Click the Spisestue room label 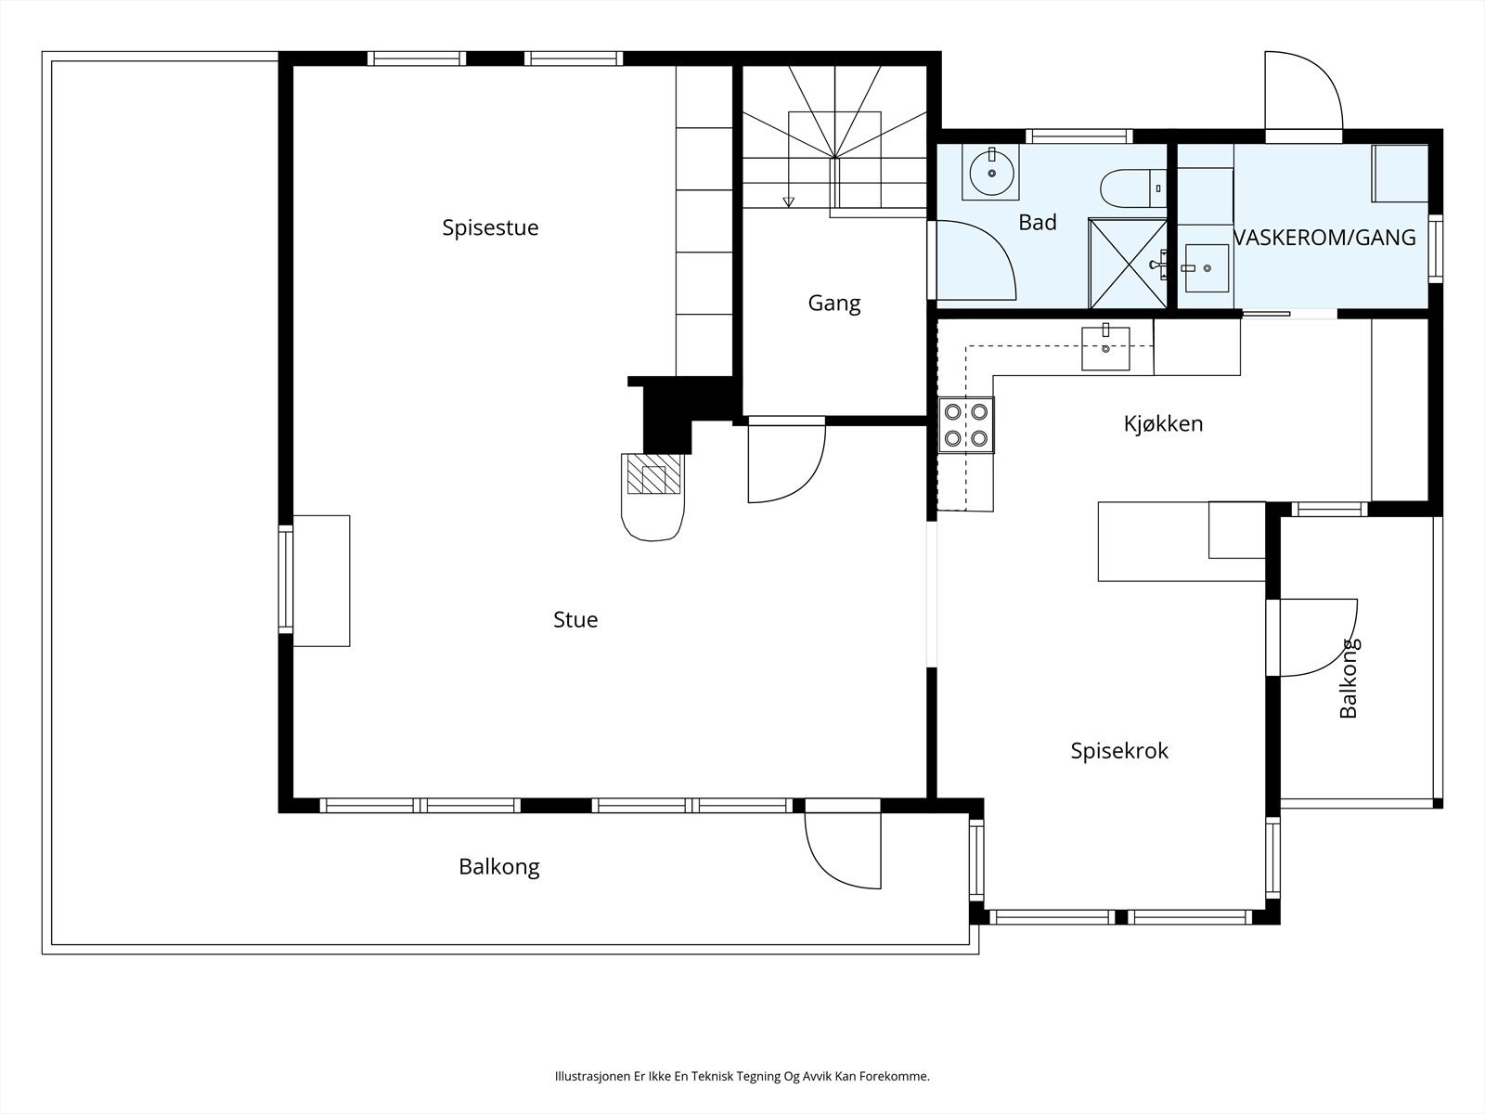point(490,228)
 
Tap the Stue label point(575,619)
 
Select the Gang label point(834,304)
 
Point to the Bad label point(1038,222)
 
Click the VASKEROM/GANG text point(1324,238)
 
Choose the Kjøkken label point(1164,424)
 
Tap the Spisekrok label point(1119,751)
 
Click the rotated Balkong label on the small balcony point(1349,678)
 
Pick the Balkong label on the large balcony point(499,866)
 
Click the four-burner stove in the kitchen point(966,425)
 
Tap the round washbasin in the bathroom point(992,174)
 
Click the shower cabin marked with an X point(1128,263)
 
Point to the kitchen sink point(1105,348)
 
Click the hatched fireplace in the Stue point(653,474)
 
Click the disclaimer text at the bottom point(742,1075)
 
